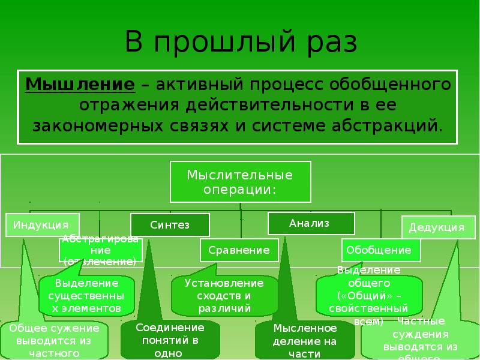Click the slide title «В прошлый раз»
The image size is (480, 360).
coord(241,44)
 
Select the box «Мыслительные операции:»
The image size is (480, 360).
coord(240,182)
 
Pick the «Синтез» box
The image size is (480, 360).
coord(170,225)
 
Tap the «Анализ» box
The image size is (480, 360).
coord(310,223)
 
